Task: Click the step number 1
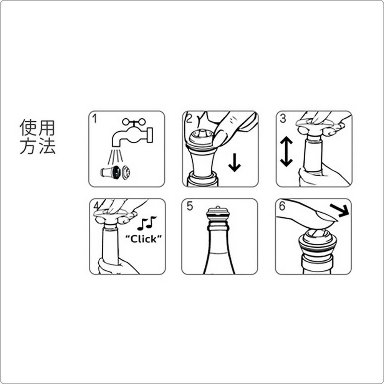click(x=94, y=119)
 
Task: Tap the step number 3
click(x=283, y=119)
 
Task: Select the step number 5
click(x=190, y=206)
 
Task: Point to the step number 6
click(x=282, y=206)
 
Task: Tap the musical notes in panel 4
click(x=146, y=223)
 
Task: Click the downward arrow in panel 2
click(x=235, y=162)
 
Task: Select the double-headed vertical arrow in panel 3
click(x=286, y=151)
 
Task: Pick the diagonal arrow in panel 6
click(x=339, y=210)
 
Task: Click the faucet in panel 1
click(x=132, y=134)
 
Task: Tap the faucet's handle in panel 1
click(x=134, y=122)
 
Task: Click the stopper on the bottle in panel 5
click(x=218, y=214)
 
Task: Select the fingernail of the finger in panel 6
click(x=327, y=217)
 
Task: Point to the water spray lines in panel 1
click(x=115, y=156)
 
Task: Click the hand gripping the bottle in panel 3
click(x=322, y=174)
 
